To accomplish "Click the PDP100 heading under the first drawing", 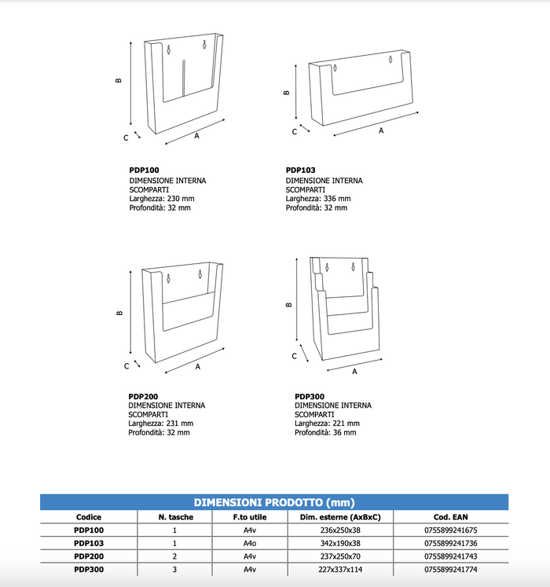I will click(145, 169).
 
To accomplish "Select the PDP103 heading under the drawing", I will click(301, 169).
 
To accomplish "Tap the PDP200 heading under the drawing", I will click(145, 395).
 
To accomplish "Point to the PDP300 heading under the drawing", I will click(310, 395).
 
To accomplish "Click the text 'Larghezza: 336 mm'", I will click(317, 199).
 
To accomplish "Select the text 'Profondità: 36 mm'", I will click(325, 432).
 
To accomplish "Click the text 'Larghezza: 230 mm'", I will click(161, 199).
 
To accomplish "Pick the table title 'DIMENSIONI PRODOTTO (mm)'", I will click(274, 502).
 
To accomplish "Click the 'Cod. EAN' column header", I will click(450, 516).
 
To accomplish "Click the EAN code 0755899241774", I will click(450, 568).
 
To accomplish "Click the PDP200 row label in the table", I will click(89, 556).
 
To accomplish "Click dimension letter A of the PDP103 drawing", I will click(381, 131).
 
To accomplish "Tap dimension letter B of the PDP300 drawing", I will click(289, 305).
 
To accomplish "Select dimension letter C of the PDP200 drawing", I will click(126, 366).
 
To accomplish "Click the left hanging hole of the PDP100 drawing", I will click(168, 50).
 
